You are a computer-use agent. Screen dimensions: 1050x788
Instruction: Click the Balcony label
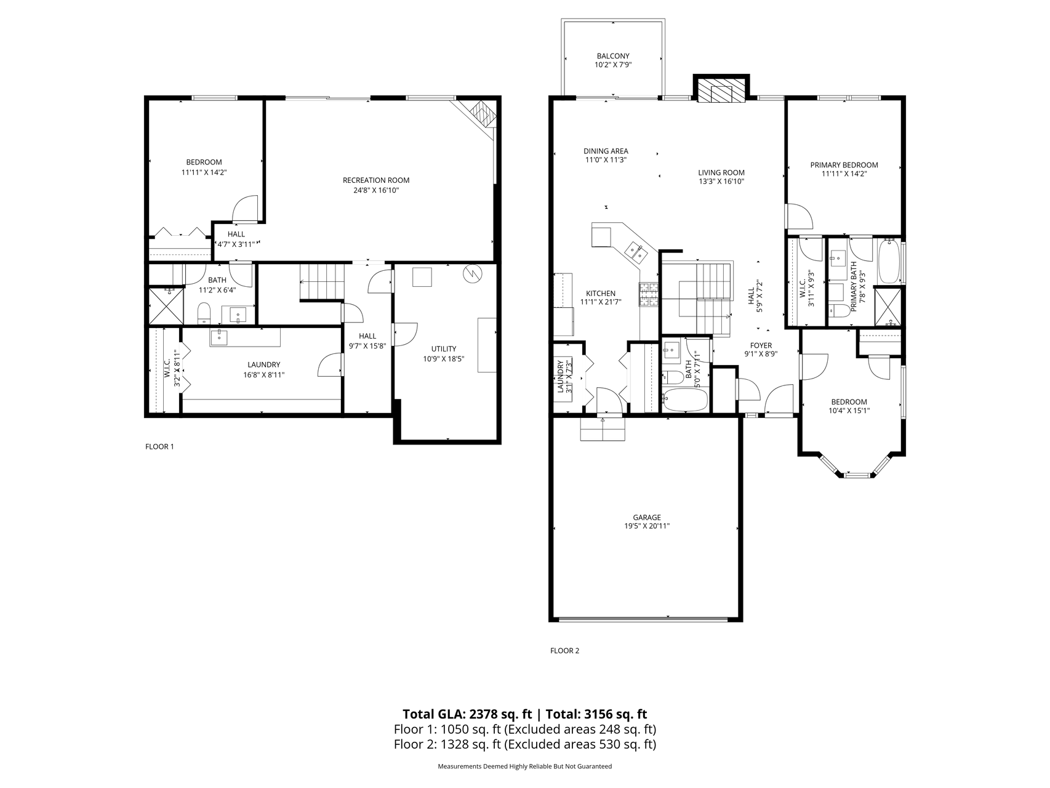click(x=613, y=56)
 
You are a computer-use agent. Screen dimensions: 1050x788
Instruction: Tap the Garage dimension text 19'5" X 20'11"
click(x=646, y=526)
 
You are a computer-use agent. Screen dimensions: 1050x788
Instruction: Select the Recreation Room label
click(x=376, y=180)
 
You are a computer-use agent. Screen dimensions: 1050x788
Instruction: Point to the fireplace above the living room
click(x=721, y=89)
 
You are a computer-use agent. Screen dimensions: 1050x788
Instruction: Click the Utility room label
click(x=444, y=349)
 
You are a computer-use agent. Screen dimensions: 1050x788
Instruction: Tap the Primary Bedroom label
click(x=844, y=165)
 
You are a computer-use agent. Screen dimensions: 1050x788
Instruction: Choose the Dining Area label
click(x=606, y=151)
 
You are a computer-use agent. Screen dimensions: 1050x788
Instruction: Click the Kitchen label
click(x=600, y=294)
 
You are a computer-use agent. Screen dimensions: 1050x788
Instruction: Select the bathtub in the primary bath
click(x=888, y=263)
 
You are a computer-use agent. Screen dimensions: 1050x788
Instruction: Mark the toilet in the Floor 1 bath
click(x=204, y=314)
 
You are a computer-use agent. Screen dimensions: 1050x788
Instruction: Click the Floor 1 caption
click(x=159, y=446)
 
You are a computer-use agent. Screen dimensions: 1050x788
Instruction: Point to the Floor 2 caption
click(x=564, y=651)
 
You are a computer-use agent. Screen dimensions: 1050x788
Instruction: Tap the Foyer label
click(x=761, y=345)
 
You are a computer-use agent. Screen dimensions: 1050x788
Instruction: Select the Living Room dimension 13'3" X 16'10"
click(x=721, y=182)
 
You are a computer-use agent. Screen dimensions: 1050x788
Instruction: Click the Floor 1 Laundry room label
click(x=263, y=364)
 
